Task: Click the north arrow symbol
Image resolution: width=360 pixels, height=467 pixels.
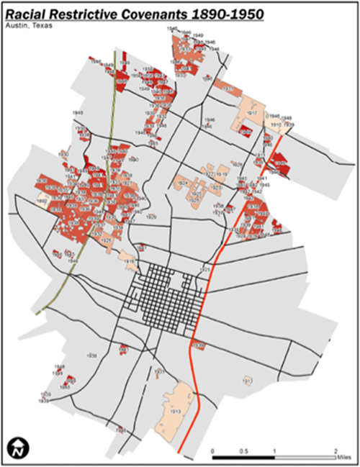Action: (17, 449)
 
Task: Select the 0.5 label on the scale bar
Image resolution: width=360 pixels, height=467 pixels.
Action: (244, 450)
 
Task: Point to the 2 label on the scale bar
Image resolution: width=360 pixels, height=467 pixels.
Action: (336, 450)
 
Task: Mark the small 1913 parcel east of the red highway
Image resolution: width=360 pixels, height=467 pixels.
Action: (247, 380)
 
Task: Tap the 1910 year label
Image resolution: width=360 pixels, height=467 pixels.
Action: (276, 124)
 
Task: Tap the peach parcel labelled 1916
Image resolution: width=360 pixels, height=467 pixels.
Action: (130, 261)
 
